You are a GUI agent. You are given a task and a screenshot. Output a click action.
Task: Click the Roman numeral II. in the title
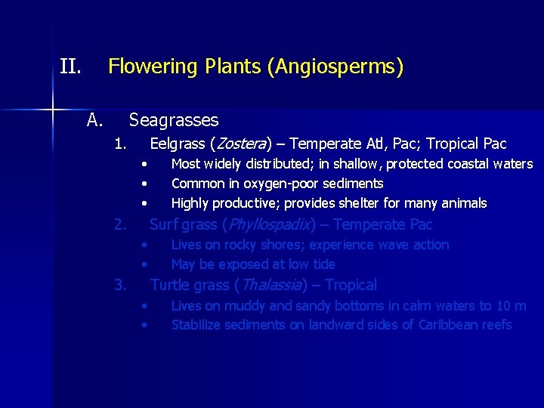(70, 67)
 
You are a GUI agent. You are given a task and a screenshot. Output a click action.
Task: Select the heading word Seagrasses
(174, 120)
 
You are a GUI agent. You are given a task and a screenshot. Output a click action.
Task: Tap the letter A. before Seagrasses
(94, 120)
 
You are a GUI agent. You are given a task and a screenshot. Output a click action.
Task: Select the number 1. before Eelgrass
(119, 144)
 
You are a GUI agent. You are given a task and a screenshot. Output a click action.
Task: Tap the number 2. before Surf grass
(119, 224)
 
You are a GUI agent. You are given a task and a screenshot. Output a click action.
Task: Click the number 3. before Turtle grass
(119, 285)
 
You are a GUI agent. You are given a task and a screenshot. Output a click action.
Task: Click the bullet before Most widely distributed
(144, 165)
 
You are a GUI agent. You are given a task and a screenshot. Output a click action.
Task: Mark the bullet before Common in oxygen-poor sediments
(144, 184)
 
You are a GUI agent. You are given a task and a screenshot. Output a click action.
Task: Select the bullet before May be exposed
(144, 265)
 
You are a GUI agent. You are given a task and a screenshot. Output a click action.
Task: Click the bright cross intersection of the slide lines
(53, 110)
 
